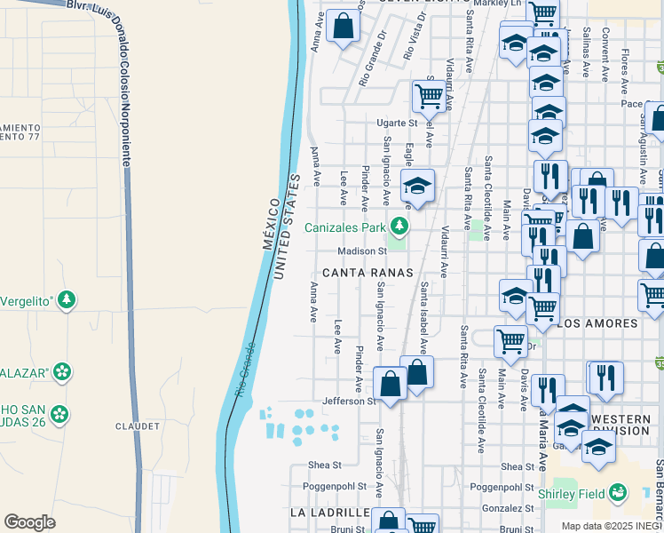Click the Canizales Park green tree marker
pyautogui.click(x=399, y=227)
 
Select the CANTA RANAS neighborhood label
pyautogui.click(x=368, y=273)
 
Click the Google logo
pyautogui.click(x=29, y=522)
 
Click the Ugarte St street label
pyautogui.click(x=396, y=123)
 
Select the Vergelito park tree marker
pyautogui.click(x=66, y=301)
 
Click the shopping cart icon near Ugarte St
pyautogui.click(x=429, y=95)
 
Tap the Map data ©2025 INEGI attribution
pyautogui.click(x=611, y=526)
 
